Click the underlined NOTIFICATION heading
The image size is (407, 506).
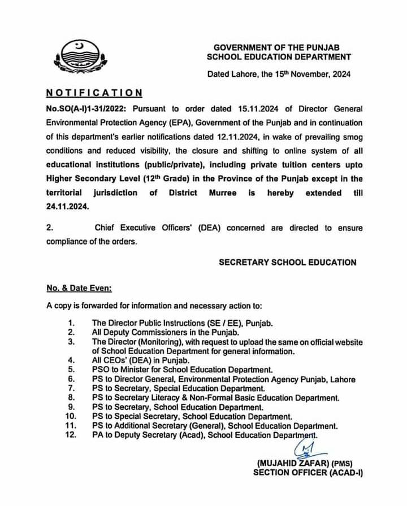[94, 92]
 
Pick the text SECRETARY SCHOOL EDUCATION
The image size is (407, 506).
[287, 262]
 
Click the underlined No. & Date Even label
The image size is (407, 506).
[79, 287]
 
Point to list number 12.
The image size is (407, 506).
[71, 435]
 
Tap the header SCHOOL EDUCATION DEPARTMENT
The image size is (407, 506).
[279, 56]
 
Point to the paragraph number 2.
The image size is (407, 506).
[49, 228]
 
